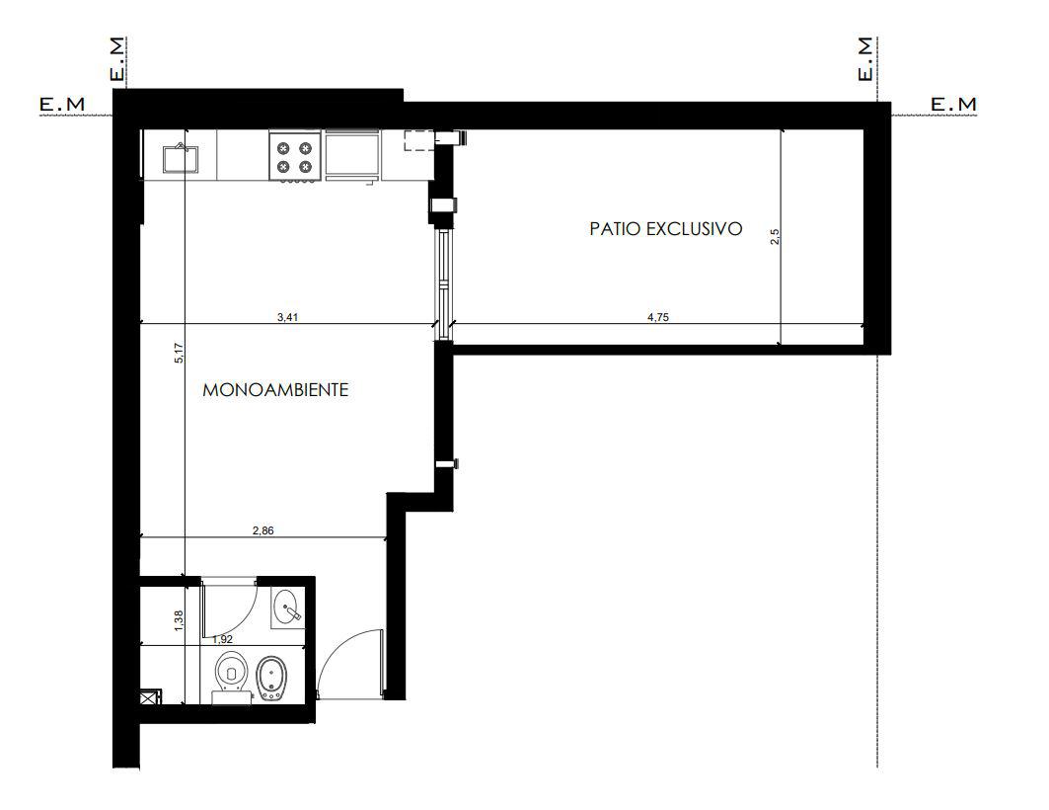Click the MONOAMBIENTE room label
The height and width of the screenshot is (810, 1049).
pyautogui.click(x=275, y=389)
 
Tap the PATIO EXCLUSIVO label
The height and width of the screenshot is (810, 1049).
pyautogui.click(x=666, y=229)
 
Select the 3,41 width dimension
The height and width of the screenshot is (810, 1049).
pyautogui.click(x=288, y=317)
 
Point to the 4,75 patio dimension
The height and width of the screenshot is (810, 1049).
pyautogui.click(x=658, y=317)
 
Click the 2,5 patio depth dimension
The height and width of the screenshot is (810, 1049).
pyautogui.click(x=775, y=236)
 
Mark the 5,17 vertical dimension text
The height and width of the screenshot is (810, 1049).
pyautogui.click(x=178, y=353)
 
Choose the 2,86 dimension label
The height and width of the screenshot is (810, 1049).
pyautogui.click(x=262, y=530)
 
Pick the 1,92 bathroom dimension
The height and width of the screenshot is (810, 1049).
pyautogui.click(x=222, y=639)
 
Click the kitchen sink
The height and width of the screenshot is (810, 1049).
pyautogui.click(x=181, y=158)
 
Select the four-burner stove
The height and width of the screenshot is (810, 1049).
pyautogui.click(x=295, y=157)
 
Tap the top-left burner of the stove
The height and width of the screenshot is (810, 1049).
pyautogui.click(x=283, y=148)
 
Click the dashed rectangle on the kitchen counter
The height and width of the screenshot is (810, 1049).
pyautogui.click(x=419, y=141)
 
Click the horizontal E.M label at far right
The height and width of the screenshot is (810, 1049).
pyautogui.click(x=953, y=105)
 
